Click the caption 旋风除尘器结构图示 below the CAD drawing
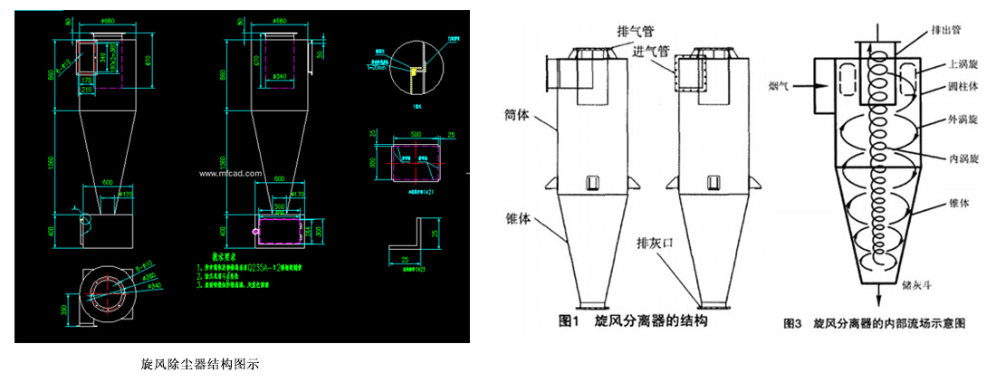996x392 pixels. click(x=200, y=365)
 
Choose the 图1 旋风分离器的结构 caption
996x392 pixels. click(x=632, y=322)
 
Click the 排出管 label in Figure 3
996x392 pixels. click(x=945, y=30)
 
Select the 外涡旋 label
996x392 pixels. click(x=962, y=120)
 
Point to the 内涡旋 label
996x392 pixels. click(x=962, y=158)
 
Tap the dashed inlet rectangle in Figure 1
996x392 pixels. click(x=691, y=72)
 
